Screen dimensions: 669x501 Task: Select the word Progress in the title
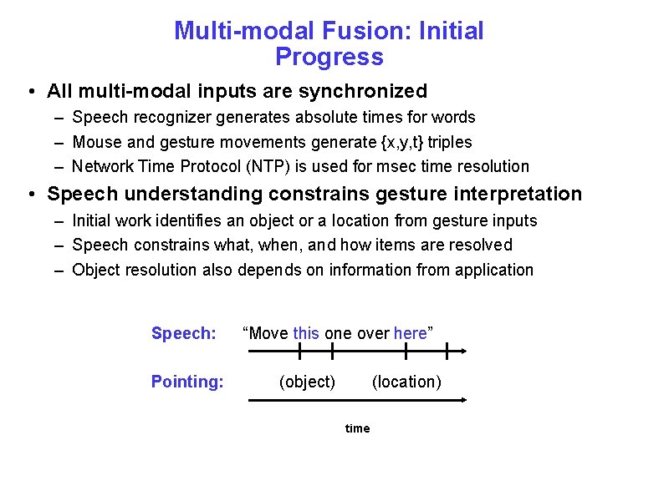(x=329, y=57)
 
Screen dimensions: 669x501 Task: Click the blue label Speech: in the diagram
(x=183, y=333)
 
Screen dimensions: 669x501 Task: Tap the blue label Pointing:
(x=187, y=382)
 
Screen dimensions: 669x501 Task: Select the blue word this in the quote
(x=306, y=333)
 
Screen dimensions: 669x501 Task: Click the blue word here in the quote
(x=410, y=333)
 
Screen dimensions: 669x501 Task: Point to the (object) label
(x=307, y=382)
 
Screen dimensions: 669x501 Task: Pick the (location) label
(x=406, y=382)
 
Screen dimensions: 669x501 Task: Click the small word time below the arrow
(x=357, y=428)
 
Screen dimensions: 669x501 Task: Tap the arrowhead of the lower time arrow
(x=462, y=401)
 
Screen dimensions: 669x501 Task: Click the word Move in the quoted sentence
(x=268, y=333)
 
